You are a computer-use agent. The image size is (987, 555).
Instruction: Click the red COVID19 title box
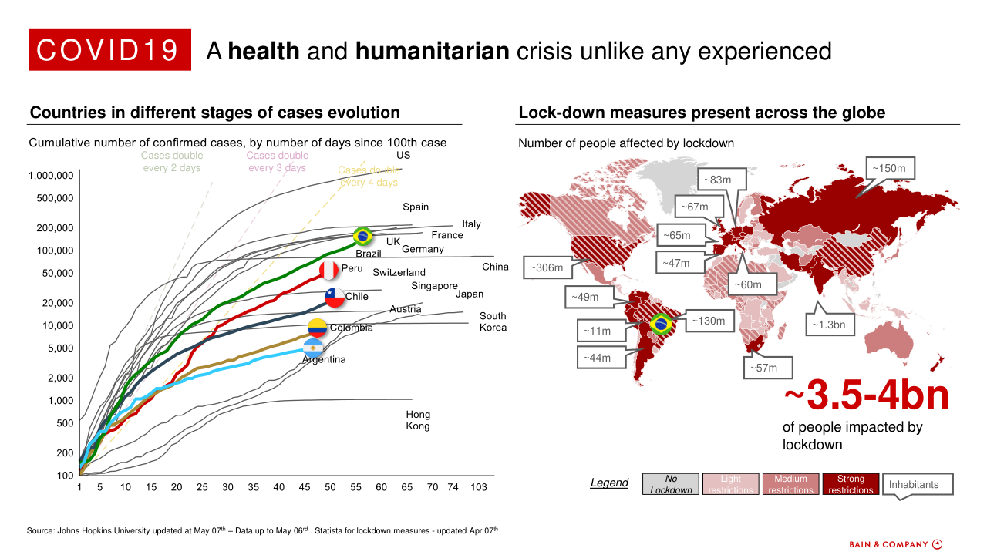pyautogui.click(x=109, y=50)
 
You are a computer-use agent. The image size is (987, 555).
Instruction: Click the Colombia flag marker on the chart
pyautogui.click(x=318, y=328)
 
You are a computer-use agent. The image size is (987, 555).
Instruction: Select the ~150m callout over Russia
pyautogui.click(x=894, y=168)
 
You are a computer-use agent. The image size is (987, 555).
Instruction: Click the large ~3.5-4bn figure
pyautogui.click(x=866, y=396)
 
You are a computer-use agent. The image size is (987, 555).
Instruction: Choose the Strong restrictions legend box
pyautogui.click(x=851, y=484)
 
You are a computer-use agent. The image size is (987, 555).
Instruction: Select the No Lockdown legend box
pyautogui.click(x=671, y=484)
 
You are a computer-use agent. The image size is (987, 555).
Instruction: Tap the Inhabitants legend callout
pyautogui.click(x=916, y=484)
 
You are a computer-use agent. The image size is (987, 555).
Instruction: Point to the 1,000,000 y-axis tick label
pyautogui.click(x=51, y=176)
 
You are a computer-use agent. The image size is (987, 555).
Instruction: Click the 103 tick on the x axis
pyautogui.click(x=479, y=487)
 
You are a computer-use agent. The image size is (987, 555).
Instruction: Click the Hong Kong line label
pyautogui.click(x=418, y=420)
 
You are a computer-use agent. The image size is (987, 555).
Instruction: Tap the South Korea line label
pyautogui.click(x=493, y=321)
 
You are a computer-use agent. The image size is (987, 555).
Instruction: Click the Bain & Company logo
pyautogui.click(x=894, y=544)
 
